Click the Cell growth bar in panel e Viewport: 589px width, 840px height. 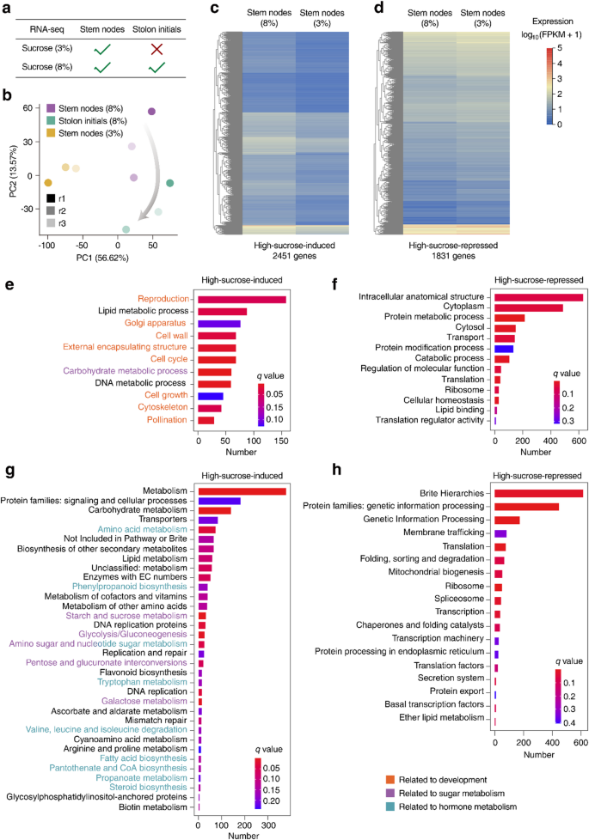click(211, 396)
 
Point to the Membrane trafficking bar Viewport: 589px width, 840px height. click(500, 533)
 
